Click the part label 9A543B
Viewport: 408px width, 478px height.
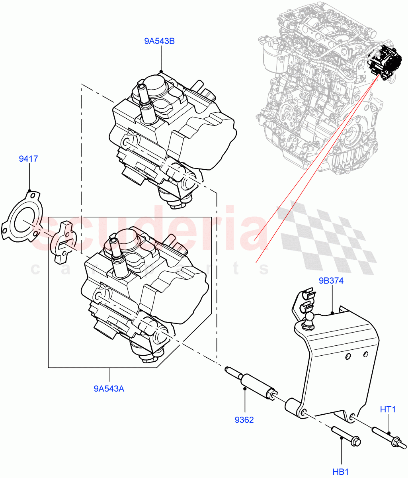[x=160, y=41]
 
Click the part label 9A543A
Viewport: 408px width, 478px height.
[x=109, y=388]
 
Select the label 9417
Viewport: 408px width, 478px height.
[x=29, y=159]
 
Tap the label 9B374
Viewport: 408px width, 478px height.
[x=331, y=280]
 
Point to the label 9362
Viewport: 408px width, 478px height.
[x=244, y=420]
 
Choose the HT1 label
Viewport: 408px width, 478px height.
[x=388, y=409]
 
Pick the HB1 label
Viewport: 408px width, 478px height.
[x=341, y=472]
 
